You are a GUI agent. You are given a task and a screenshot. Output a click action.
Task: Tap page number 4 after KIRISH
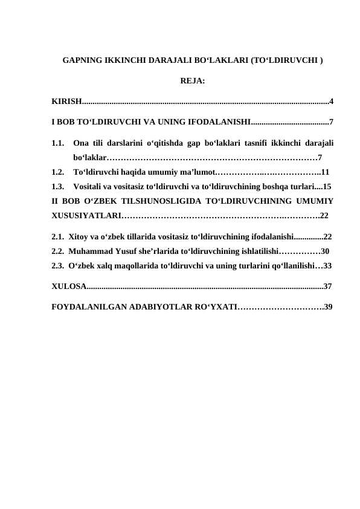pyautogui.click(x=332, y=100)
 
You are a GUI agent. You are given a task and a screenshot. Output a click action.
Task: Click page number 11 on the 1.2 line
pyautogui.click(x=324, y=171)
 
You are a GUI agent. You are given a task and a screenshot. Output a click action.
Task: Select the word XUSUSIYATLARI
pyautogui.click(x=84, y=215)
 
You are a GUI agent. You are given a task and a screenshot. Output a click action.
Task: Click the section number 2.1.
pyautogui.click(x=58, y=237)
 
